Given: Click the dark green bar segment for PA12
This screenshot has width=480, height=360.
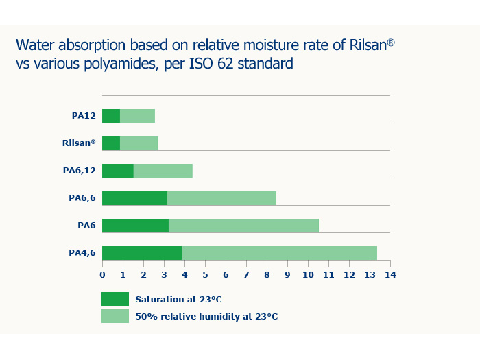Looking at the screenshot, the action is (x=111, y=116).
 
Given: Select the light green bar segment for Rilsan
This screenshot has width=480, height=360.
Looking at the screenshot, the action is (x=139, y=143).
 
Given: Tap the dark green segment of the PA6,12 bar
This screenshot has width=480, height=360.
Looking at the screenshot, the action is (x=118, y=171).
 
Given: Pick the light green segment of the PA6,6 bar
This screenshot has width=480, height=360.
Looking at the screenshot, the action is (x=222, y=198).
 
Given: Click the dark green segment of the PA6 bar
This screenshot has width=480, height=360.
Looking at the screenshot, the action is (x=135, y=226).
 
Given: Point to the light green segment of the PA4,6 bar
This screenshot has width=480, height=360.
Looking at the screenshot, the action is (x=280, y=253).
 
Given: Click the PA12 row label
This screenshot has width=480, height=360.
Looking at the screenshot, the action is (x=84, y=116).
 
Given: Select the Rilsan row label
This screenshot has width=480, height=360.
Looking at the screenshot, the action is (x=79, y=143).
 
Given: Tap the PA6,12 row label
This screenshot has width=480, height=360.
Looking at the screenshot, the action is (x=80, y=171).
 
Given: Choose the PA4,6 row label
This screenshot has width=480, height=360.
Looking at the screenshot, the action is (x=82, y=253).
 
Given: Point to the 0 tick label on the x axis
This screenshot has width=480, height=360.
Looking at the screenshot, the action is (x=102, y=274).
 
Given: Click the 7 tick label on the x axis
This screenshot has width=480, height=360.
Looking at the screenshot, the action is (x=246, y=274).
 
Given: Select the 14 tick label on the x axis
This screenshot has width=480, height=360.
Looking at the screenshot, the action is (x=390, y=274).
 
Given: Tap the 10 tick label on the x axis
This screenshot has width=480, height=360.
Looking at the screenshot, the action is (x=308, y=274).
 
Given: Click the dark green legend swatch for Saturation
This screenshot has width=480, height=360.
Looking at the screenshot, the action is (x=115, y=299).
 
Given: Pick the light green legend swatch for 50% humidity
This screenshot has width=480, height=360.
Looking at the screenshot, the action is (x=115, y=316).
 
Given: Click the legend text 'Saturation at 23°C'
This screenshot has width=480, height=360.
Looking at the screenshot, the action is (x=178, y=299).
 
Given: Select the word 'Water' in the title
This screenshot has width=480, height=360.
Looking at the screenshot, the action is (x=35, y=45).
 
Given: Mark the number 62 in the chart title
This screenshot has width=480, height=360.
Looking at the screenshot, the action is (x=226, y=63).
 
